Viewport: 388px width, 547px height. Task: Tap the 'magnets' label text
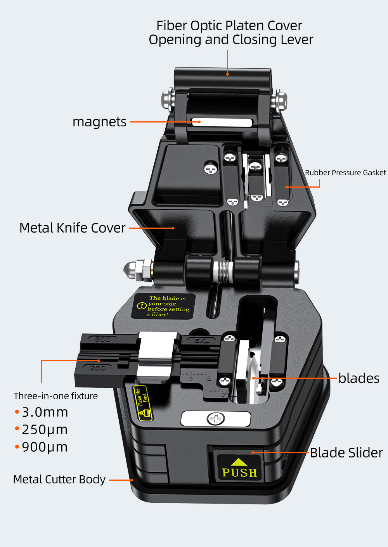99,122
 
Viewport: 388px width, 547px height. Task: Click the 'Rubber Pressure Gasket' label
345,173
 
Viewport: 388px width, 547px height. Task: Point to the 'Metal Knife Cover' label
73,228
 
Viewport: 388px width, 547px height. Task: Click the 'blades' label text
359,378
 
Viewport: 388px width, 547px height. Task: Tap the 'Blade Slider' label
346,452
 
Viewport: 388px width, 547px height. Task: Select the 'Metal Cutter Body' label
59,480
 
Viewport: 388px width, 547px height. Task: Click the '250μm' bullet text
45,430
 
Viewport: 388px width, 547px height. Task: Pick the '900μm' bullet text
45,447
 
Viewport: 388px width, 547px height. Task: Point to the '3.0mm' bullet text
45,412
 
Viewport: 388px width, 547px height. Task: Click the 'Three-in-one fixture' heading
55,396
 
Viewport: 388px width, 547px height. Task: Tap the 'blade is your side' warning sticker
163,306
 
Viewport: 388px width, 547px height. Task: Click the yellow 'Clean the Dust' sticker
142,403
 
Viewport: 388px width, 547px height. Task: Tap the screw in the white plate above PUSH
216,419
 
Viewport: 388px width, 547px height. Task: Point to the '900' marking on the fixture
102,339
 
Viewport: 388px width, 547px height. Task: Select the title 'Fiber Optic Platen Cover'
229,26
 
